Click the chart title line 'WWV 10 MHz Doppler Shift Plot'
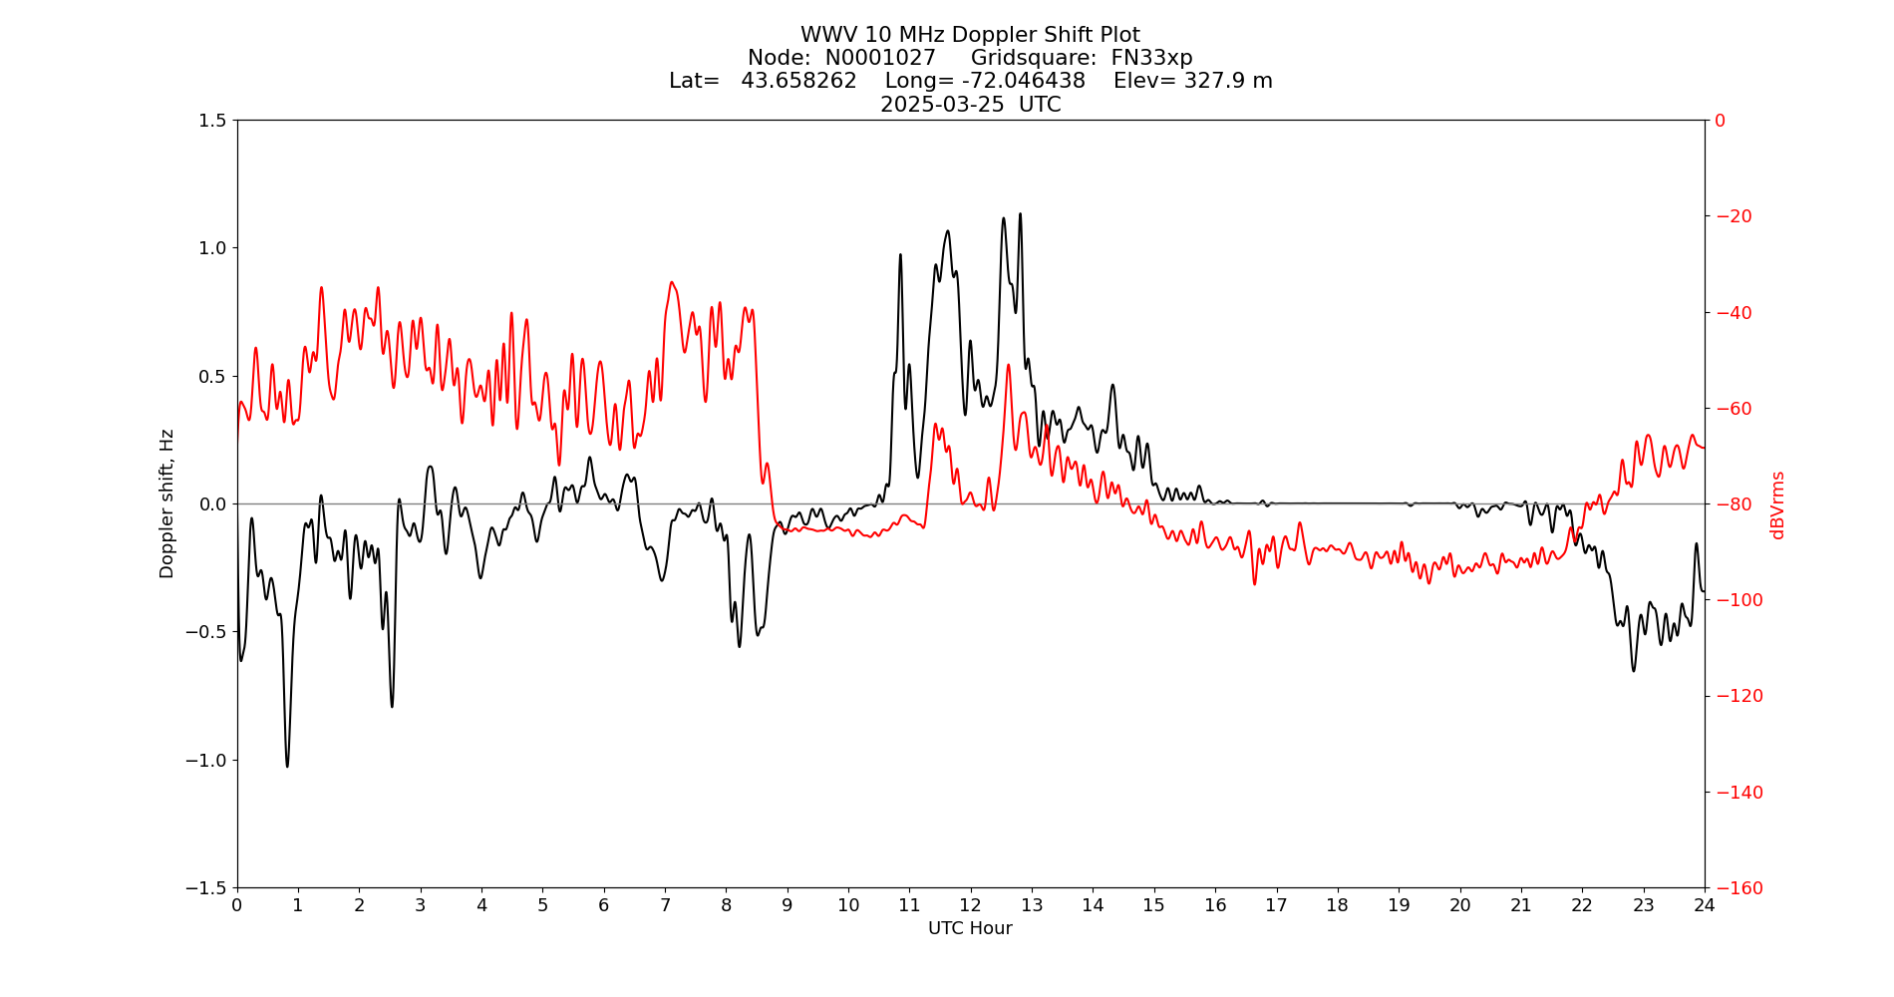pos(970,35)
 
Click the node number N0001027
pos(880,58)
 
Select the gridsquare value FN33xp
pos(1151,58)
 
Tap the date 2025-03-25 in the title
pos(942,105)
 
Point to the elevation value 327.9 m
pos(1228,81)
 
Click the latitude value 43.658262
pos(798,81)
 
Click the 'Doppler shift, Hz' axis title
pos(167,503)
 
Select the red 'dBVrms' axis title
pos(1777,504)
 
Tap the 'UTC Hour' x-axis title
pos(970,928)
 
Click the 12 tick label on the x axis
pos(971,905)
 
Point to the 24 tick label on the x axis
pos(1705,905)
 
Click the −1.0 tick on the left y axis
pos(206,760)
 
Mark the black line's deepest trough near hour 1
pos(287,766)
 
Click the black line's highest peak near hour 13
pos(1020,214)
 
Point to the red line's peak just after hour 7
pos(672,282)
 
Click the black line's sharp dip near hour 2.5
pos(392,706)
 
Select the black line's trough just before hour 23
pos(1634,670)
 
